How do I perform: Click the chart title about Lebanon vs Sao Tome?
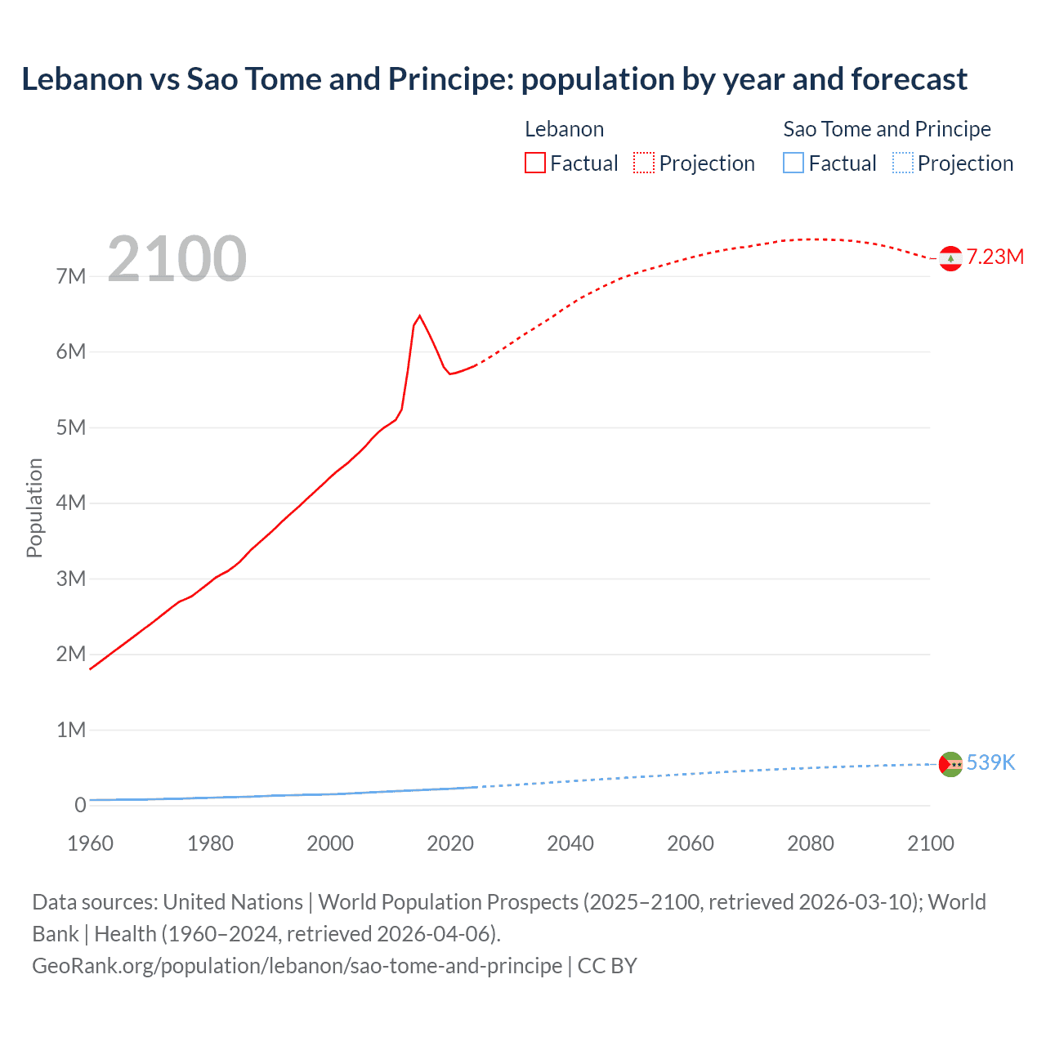pos(494,79)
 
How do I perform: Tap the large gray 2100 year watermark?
pos(177,259)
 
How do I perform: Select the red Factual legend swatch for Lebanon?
pos(534,163)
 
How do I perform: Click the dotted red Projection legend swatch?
pos(644,163)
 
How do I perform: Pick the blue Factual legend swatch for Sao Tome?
pos(793,163)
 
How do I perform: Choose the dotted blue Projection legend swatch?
pos(903,163)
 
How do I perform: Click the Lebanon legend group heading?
pos(564,129)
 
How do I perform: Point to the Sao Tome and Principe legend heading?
pos(887,129)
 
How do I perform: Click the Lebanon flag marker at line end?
pos(950,258)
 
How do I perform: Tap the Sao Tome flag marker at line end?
pos(950,764)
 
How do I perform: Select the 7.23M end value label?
pos(995,257)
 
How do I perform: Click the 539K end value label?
pos(990,762)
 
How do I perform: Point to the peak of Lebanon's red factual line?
pos(419,315)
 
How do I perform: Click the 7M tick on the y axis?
pos(71,276)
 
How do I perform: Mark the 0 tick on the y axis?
pos(80,805)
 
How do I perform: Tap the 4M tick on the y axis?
pos(71,503)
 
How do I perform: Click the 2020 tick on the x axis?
pos(450,843)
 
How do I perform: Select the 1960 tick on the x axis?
pos(90,843)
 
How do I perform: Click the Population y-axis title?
pos(34,507)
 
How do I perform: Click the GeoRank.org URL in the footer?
pos(297,966)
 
